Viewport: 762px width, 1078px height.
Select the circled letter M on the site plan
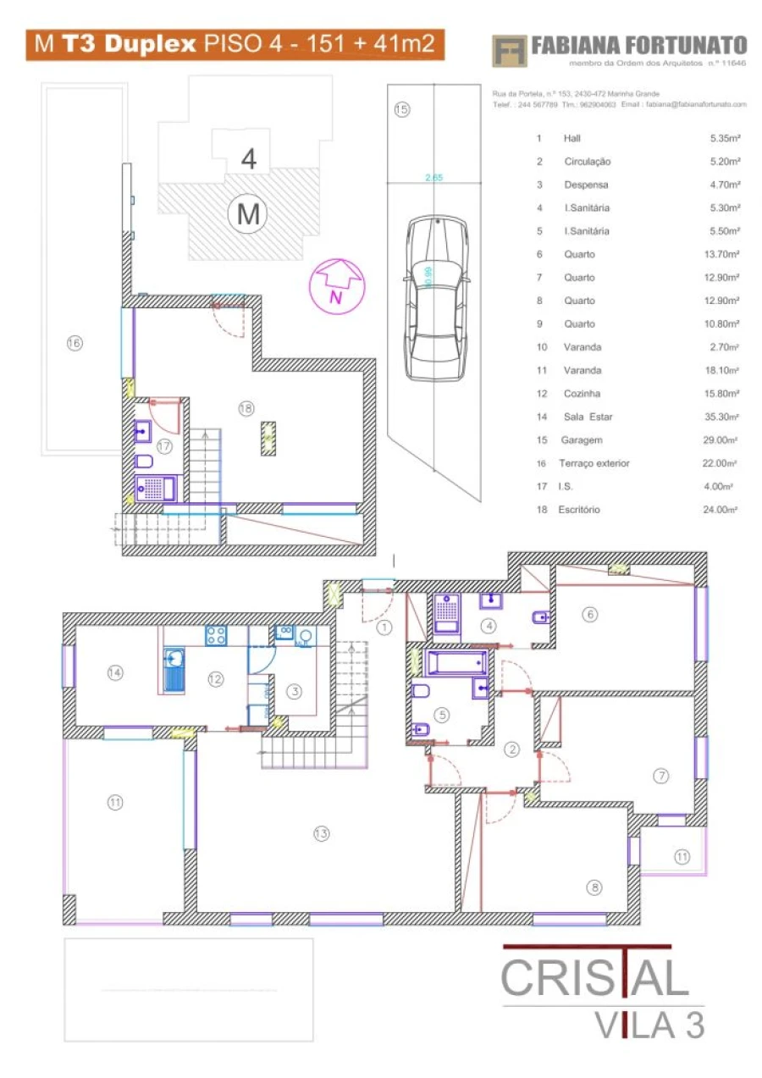(248, 214)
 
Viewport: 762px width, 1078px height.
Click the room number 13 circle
(320, 833)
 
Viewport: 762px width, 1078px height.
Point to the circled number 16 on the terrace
(75, 343)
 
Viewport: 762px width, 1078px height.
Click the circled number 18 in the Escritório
(246, 408)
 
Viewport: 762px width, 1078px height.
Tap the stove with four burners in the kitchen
(214, 635)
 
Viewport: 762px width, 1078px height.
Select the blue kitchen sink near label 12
(174, 670)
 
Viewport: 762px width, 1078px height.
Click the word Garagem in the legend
(581, 440)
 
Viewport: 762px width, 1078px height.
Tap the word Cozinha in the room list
(582, 394)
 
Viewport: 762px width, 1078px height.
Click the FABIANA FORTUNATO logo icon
(509, 50)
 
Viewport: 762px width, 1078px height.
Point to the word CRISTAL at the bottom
(594, 978)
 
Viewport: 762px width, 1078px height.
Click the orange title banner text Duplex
(152, 44)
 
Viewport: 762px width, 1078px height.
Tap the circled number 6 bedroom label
(590, 615)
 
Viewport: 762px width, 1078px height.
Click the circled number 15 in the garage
(401, 109)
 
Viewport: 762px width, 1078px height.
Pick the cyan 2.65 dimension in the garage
(434, 178)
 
